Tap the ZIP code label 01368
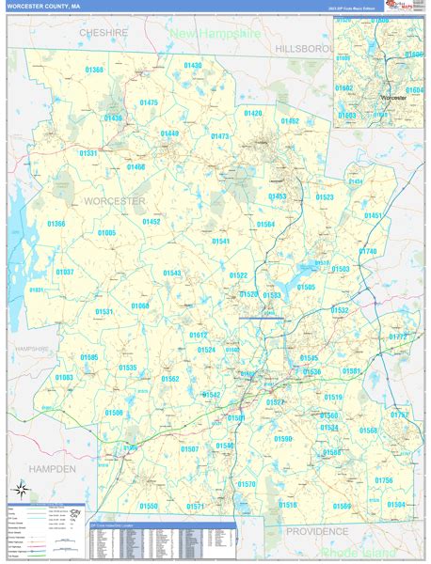point(94,70)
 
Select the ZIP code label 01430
point(193,65)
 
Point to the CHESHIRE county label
point(103,32)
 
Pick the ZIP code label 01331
point(88,152)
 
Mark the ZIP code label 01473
point(219,136)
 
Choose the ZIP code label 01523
point(325,197)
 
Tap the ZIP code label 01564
point(265,225)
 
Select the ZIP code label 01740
point(367,251)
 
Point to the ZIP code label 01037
point(65,272)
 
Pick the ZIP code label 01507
point(190,449)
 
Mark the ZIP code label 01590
point(283,439)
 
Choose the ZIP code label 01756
point(384,480)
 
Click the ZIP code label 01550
point(149,506)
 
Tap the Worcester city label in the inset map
point(393,96)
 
